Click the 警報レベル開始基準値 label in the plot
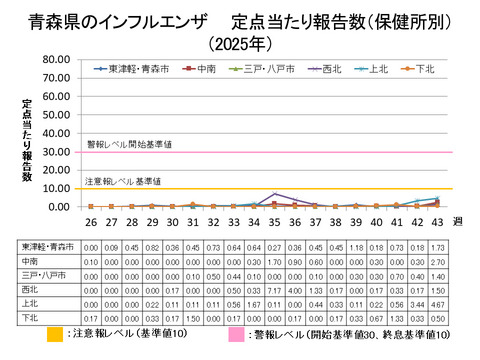[130, 144]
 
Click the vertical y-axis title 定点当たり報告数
[27, 140]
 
